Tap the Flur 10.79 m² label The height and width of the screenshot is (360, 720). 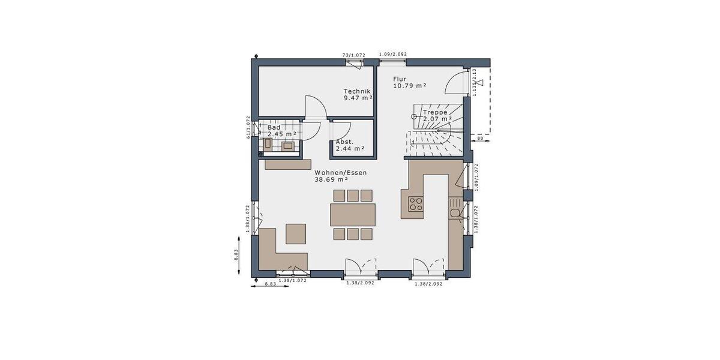pyautogui.click(x=410, y=82)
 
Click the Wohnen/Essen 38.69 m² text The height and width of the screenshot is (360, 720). pyautogui.click(x=340, y=176)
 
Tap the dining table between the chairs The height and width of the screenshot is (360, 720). pyautogui.click(x=353, y=214)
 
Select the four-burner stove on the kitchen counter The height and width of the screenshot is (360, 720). pyautogui.click(x=416, y=204)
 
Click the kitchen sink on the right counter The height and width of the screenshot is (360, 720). pyautogui.click(x=455, y=212)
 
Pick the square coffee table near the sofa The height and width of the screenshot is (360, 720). pyautogui.click(x=296, y=233)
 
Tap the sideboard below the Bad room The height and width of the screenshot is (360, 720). pyautogui.click(x=288, y=164)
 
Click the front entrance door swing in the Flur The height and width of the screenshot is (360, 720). pyautogui.click(x=457, y=83)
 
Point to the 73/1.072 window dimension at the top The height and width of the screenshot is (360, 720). pyautogui.click(x=353, y=55)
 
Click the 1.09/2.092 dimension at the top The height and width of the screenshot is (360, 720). pyautogui.click(x=393, y=54)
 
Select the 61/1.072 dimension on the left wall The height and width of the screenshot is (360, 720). pyautogui.click(x=248, y=127)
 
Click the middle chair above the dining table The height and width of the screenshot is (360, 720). pyautogui.click(x=353, y=195)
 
